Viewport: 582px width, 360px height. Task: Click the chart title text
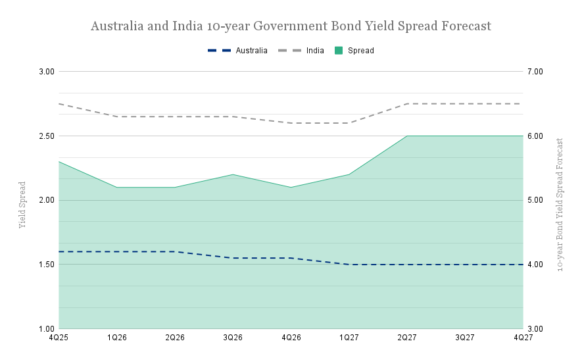[291, 27]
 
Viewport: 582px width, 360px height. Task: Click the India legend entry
[314, 51]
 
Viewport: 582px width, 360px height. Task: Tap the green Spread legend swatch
[339, 51]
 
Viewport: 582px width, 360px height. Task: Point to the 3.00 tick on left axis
[45, 71]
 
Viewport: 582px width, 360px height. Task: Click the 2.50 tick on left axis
[45, 136]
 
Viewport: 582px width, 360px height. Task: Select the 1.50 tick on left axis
[45, 265]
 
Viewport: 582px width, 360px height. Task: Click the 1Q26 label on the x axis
[116, 338]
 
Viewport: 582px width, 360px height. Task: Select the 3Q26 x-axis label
[233, 338]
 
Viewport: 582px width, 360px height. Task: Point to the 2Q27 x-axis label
[407, 338]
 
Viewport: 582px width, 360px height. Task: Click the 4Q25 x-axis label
[59, 338]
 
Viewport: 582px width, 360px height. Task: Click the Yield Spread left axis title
[22, 205]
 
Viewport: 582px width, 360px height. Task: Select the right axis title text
[560, 205]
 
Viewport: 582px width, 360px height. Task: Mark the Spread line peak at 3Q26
[233, 174]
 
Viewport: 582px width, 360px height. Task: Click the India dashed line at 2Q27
[407, 103]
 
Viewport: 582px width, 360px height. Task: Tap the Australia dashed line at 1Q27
[349, 265]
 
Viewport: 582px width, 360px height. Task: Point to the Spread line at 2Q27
[407, 136]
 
